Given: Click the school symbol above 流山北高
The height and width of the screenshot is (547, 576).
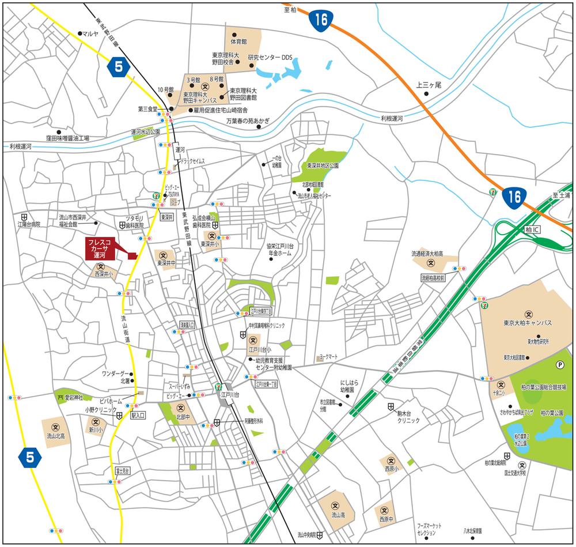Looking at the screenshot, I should (56, 427).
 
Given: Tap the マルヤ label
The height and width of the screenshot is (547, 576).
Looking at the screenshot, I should (91, 34).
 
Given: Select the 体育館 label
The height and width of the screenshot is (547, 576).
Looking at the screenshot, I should (238, 42).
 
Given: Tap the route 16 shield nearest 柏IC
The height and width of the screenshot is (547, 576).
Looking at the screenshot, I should (514, 198).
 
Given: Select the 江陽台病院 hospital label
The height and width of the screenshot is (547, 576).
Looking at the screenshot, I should (29, 223).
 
